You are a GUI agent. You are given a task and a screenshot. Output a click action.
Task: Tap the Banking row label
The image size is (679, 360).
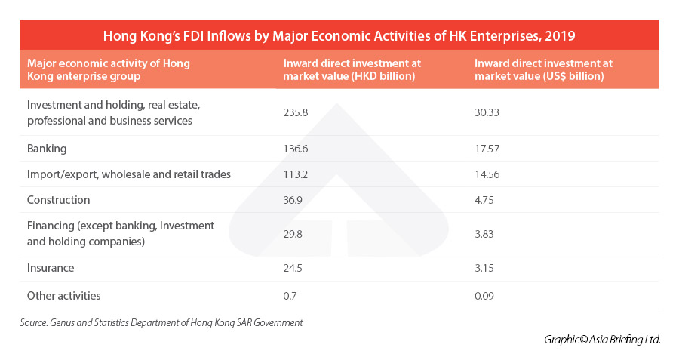tap(47, 149)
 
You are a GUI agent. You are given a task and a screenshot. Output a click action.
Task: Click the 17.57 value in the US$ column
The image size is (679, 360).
tap(487, 149)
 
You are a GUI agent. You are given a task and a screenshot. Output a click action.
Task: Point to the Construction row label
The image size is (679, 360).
tap(58, 200)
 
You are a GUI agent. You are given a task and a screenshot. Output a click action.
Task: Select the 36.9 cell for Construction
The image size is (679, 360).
tap(293, 200)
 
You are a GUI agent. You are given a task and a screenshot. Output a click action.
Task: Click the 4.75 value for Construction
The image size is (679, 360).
tap(484, 200)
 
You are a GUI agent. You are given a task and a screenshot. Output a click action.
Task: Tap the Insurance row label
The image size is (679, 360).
tap(50, 268)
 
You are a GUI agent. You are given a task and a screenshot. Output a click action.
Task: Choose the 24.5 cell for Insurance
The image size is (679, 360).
tap(293, 268)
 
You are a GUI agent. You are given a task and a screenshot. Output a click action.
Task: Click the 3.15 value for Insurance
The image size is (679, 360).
tap(484, 268)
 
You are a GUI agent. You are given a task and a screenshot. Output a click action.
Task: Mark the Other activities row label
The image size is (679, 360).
tap(63, 296)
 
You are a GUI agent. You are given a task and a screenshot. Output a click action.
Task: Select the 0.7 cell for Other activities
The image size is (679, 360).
tap(290, 296)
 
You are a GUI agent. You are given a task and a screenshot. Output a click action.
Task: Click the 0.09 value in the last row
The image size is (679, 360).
tap(485, 296)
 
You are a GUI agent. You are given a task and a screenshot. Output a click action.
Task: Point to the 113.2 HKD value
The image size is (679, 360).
tap(295, 174)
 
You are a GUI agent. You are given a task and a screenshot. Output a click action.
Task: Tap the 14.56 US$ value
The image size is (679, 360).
tap(487, 174)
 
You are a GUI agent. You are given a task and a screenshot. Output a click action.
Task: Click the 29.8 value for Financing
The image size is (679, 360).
tap(293, 234)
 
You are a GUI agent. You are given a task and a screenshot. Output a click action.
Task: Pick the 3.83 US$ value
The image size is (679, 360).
tap(484, 234)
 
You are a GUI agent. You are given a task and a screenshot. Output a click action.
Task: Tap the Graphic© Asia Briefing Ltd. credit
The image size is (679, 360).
tap(602, 340)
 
